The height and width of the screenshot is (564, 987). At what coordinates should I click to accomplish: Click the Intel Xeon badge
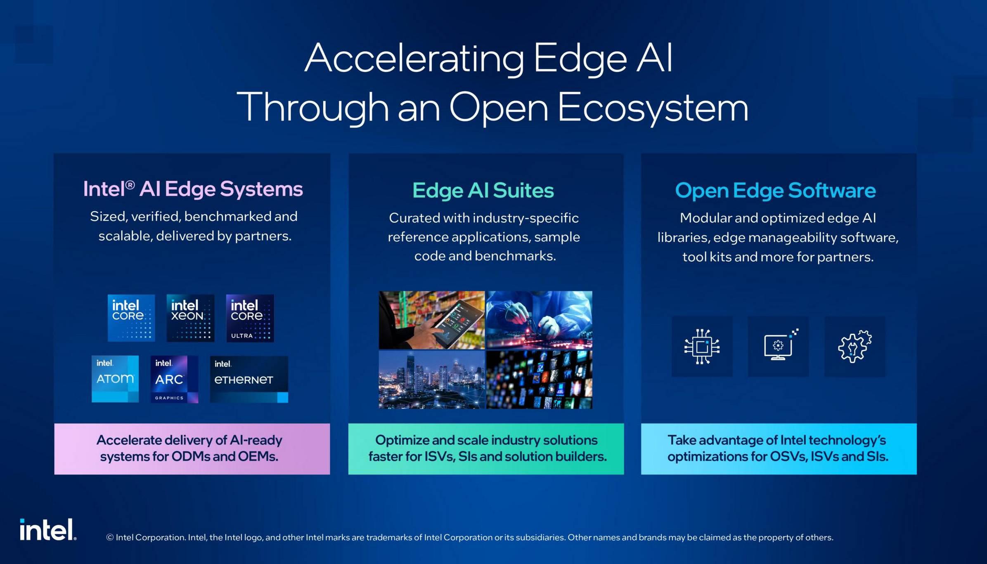(x=190, y=318)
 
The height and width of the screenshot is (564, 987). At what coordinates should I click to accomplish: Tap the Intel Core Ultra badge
(x=250, y=318)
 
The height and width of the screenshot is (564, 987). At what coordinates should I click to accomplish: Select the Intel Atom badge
(x=115, y=379)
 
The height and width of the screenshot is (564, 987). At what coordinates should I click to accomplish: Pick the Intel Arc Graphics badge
(x=174, y=379)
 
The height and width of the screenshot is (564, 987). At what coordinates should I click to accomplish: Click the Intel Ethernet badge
(x=249, y=379)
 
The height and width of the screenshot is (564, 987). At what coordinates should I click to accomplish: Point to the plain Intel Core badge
(x=131, y=318)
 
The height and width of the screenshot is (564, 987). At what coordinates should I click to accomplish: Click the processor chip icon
(x=702, y=347)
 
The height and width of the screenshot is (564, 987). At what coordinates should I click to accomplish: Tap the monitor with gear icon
(x=779, y=345)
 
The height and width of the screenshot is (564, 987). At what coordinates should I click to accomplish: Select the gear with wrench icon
(x=854, y=346)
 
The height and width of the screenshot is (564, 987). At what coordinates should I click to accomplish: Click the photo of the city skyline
(x=432, y=380)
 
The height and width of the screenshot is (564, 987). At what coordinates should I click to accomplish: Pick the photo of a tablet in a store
(x=432, y=320)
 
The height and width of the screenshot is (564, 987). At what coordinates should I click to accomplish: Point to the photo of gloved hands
(x=539, y=320)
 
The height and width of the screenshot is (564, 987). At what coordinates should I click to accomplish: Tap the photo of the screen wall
(x=539, y=380)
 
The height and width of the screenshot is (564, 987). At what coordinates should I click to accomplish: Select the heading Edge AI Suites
(x=483, y=191)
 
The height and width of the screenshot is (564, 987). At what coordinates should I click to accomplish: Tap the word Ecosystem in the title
(x=653, y=108)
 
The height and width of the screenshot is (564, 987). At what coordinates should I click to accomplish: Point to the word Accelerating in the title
(x=414, y=59)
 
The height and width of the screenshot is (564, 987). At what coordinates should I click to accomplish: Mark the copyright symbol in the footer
(x=110, y=537)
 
